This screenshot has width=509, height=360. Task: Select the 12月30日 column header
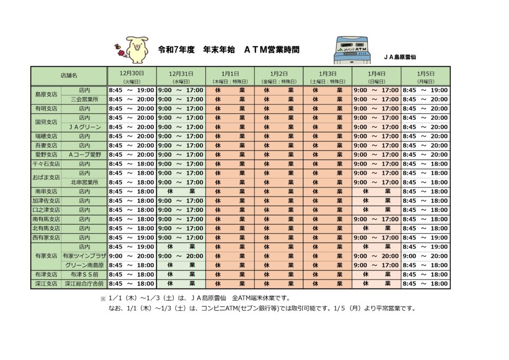(131, 76)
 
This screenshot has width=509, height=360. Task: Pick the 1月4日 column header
(376, 76)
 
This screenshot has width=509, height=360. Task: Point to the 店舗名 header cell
(69, 76)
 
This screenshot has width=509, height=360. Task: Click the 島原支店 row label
(46, 94)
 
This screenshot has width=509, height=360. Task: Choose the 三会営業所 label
(84, 99)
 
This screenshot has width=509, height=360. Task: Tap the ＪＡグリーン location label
(84, 127)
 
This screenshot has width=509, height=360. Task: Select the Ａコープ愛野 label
(84, 155)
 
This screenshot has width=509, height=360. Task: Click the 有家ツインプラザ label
(84, 256)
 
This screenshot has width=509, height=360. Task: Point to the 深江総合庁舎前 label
(84, 283)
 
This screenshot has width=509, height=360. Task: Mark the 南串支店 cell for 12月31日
(180, 191)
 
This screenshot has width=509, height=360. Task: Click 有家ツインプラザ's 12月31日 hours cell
(180, 256)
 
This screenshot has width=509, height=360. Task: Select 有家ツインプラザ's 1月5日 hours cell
(425, 256)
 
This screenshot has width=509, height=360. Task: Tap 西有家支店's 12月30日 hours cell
(131, 238)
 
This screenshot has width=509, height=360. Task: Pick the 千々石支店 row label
(46, 164)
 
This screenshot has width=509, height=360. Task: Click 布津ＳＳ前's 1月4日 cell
(376, 274)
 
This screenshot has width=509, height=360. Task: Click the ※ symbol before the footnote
(103, 299)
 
